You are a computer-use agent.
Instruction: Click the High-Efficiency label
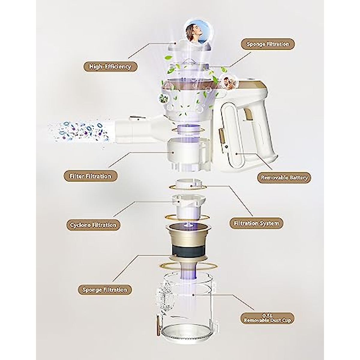pyautogui.click(x=110, y=66)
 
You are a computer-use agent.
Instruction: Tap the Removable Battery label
pyautogui.click(x=284, y=177)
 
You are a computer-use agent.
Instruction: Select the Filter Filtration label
pyautogui.click(x=90, y=176)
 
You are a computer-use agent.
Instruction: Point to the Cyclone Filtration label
pyautogui.click(x=93, y=225)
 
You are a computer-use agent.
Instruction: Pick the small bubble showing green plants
pyautogui.click(x=162, y=97)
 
